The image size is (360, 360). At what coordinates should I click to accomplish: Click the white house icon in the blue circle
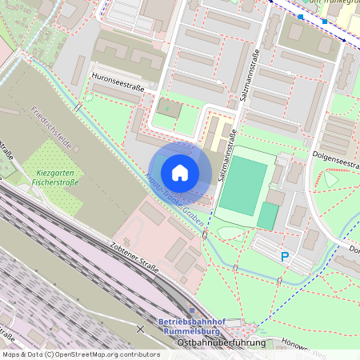pos(180,172)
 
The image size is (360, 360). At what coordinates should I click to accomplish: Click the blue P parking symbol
pos(284,257)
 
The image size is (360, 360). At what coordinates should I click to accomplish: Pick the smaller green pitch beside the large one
pos(268,215)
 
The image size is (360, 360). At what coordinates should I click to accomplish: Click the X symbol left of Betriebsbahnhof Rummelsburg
pos(141,329)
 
